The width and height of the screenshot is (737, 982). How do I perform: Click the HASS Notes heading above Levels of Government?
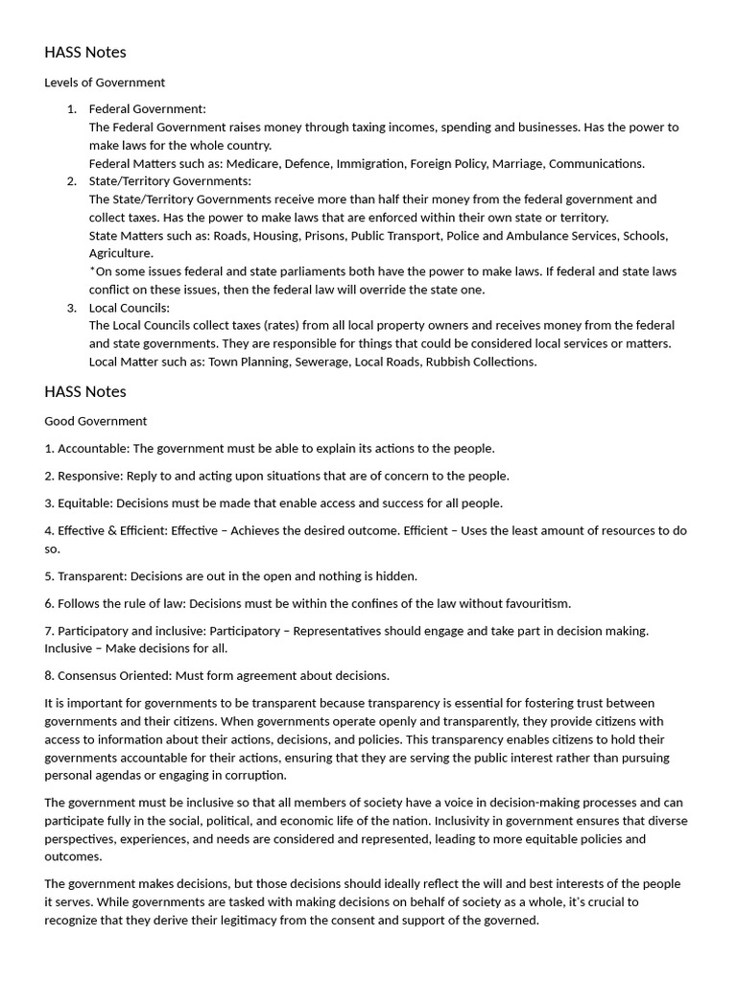[x=85, y=52]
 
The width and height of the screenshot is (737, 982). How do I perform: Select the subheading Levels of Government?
[x=105, y=82]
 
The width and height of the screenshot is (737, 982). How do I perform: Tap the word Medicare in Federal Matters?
[x=252, y=163]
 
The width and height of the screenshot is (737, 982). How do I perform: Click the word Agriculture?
[x=120, y=253]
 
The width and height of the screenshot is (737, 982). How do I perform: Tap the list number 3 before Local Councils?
[x=72, y=308]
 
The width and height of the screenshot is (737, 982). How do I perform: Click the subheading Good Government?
[x=96, y=421]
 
